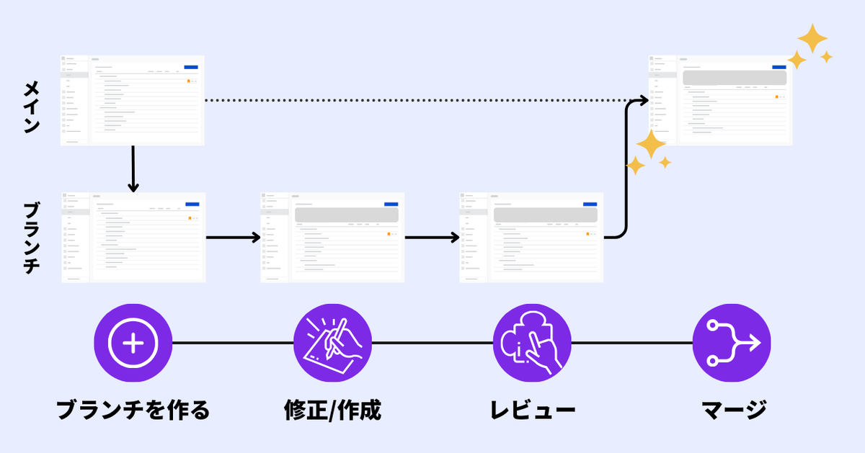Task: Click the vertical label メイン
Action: [x=32, y=107]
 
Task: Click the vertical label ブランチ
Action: [x=32, y=238]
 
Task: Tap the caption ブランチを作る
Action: [x=133, y=410]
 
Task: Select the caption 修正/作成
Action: [x=332, y=410]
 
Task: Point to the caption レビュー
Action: [x=533, y=410]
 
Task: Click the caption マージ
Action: [x=734, y=410]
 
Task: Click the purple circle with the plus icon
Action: [x=133, y=343]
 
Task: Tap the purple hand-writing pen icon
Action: [x=332, y=343]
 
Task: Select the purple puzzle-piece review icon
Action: [x=532, y=343]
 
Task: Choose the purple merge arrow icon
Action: [x=732, y=343]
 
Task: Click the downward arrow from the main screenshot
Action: [x=133, y=169]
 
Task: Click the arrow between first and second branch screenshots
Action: [x=234, y=238]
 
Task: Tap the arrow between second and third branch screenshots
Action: [x=432, y=238]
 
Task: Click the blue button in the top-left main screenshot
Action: [x=191, y=67]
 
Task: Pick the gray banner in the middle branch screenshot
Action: [x=347, y=215]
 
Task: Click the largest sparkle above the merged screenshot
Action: [x=812, y=39]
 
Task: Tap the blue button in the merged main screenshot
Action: [x=779, y=67]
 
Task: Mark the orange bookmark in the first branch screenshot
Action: [x=190, y=218]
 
